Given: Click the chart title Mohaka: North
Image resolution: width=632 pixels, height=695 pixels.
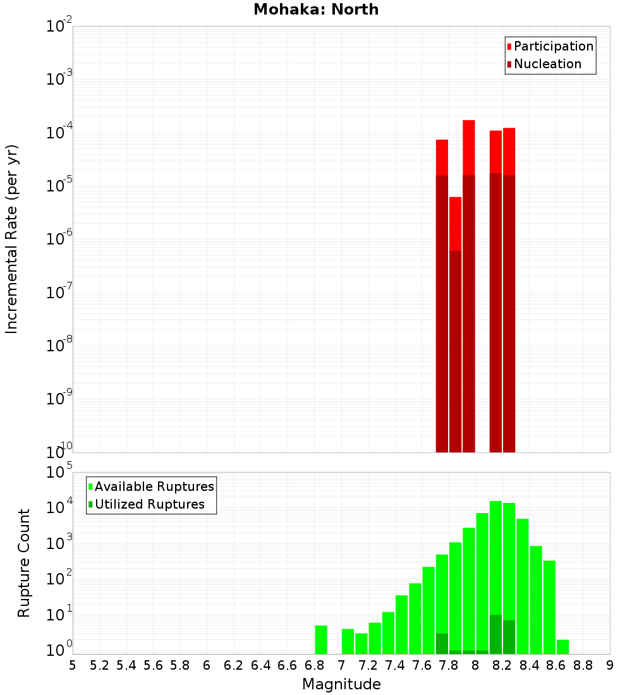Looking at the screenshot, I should [x=316, y=9].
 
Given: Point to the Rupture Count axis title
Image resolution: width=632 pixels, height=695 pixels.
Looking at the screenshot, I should [x=24, y=563].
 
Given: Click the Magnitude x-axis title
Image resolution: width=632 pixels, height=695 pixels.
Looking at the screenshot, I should [x=341, y=684].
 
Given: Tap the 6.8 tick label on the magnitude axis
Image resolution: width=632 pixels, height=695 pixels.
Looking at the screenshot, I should [x=314, y=665].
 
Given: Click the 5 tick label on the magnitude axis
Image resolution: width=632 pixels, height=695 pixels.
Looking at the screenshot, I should [x=73, y=665].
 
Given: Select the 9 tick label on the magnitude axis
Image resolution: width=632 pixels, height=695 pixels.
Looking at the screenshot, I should [x=610, y=665].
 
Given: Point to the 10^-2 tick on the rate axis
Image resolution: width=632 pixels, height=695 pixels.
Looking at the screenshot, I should [x=59, y=27].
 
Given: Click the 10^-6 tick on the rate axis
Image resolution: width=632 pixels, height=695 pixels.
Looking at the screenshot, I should [x=59, y=239].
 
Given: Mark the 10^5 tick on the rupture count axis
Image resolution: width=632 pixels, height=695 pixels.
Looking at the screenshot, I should [x=59, y=473].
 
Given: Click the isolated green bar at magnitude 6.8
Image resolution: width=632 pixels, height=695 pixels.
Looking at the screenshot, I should [x=321, y=639].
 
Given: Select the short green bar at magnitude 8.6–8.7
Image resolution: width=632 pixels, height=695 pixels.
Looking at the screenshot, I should [x=562, y=646].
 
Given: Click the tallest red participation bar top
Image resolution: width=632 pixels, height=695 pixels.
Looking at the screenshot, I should [x=468, y=123].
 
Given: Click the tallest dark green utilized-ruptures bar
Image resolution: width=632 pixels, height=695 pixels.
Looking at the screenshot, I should [x=495, y=634].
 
